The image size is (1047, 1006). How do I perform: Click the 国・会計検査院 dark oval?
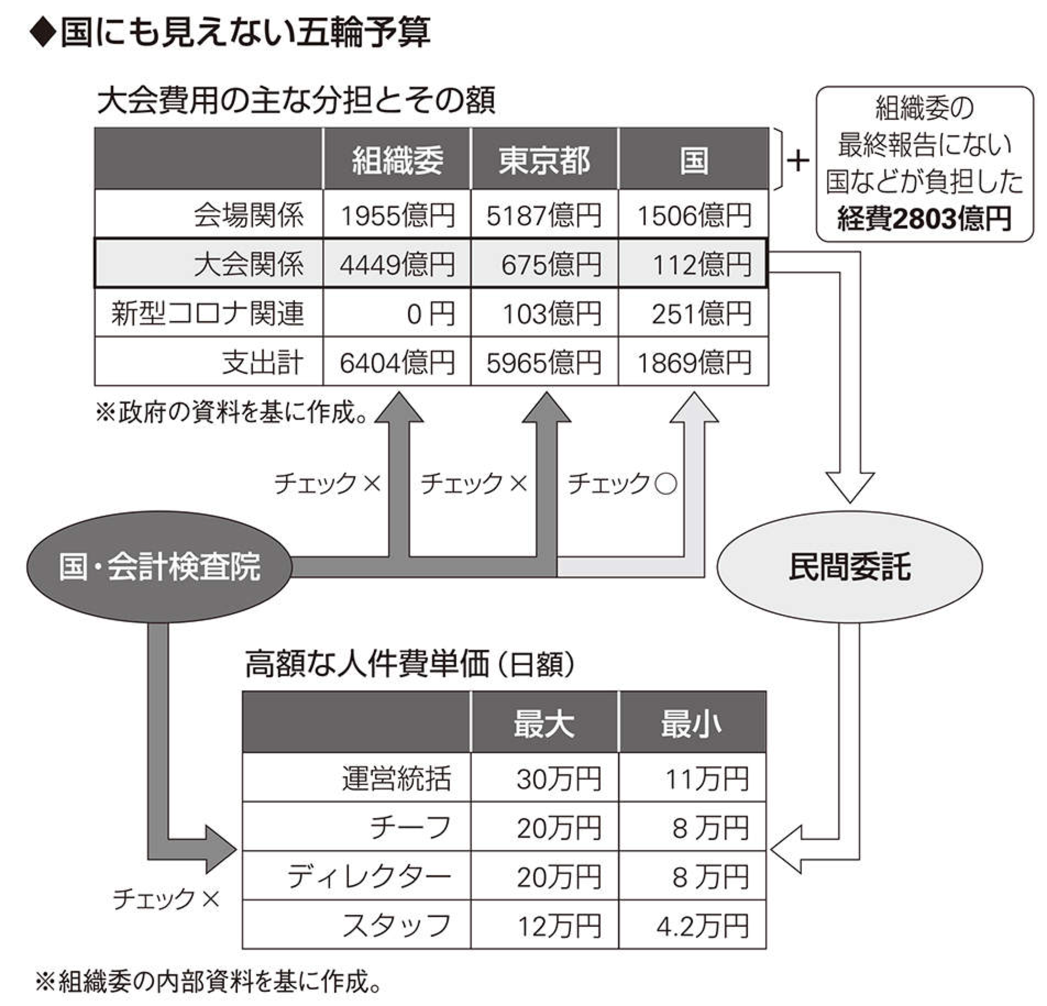click(159, 566)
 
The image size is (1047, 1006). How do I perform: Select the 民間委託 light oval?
click(849, 566)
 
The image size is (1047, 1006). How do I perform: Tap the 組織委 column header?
click(397, 159)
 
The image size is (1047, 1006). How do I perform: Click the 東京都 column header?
click(544, 159)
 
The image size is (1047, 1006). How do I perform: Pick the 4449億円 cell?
click(397, 264)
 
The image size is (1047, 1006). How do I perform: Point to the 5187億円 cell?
click(544, 215)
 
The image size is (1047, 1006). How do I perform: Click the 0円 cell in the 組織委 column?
click(397, 313)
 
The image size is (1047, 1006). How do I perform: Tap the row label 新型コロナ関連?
click(208, 313)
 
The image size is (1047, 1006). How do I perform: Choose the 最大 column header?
click(544, 722)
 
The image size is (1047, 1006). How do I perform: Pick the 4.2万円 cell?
click(693, 925)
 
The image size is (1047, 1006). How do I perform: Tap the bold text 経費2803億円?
click(924, 219)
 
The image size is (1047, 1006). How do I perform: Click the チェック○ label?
click(622, 483)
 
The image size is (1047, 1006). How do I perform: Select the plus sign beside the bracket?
click(797, 161)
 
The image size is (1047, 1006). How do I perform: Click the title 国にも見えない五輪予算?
click(245, 33)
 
